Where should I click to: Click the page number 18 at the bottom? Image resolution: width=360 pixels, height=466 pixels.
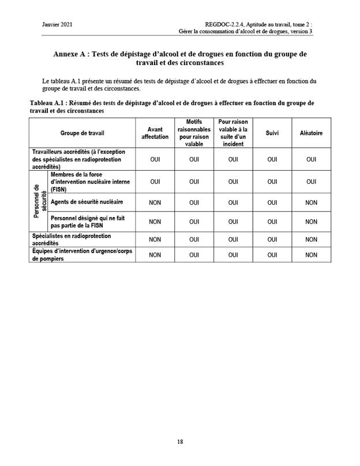point(180,442)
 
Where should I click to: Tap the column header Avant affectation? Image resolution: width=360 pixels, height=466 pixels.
point(155,133)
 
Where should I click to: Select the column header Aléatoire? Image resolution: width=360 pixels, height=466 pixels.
point(311,133)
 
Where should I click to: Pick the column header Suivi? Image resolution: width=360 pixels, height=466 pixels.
point(272,133)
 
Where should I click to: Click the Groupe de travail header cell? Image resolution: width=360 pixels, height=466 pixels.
point(82,133)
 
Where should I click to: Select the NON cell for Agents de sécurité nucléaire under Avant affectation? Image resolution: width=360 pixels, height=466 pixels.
point(155,202)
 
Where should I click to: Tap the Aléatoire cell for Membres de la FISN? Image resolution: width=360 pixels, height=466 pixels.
point(311,181)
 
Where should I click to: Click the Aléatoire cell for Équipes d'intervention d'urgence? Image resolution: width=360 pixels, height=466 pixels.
point(311,255)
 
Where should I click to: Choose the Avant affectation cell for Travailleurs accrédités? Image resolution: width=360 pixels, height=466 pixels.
point(155,159)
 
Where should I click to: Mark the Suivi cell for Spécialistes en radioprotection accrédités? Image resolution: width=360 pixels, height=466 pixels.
point(272,239)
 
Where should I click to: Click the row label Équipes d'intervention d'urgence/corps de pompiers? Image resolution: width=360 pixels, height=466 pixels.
point(75,255)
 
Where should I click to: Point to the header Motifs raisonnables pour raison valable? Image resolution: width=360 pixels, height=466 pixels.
point(194,133)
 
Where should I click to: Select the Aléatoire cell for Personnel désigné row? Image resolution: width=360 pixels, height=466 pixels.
point(311,221)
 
